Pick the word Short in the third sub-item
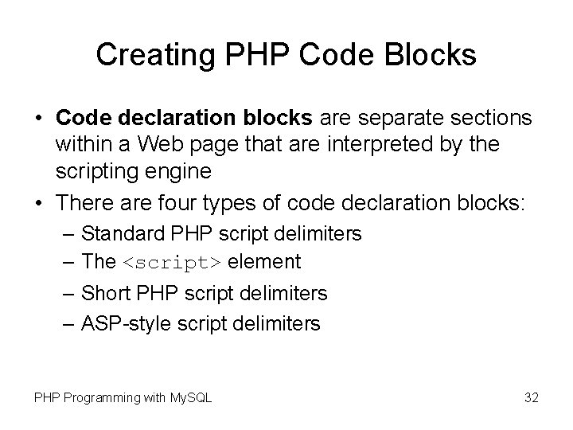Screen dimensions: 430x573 pyautogui.click(x=103, y=293)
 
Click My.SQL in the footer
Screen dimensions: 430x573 pyautogui.click(x=189, y=397)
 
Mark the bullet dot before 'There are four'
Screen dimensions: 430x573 pyautogui.click(x=39, y=205)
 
